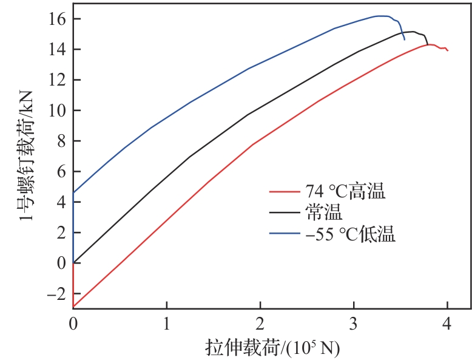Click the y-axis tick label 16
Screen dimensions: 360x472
tap(56, 19)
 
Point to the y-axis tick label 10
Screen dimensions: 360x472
tap(56, 110)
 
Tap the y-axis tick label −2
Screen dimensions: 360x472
tap(55, 293)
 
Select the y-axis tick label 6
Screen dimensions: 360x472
tap(61, 172)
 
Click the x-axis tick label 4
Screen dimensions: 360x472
tap(447, 323)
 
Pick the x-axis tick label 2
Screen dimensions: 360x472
tap(260, 323)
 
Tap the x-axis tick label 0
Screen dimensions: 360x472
tap(73, 323)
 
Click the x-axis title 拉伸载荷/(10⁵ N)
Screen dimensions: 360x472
tap(272, 347)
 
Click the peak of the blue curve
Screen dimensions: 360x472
tap(381, 16)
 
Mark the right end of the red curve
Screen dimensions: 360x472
tap(448, 50)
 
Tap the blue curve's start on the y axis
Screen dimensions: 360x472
tap(73, 192)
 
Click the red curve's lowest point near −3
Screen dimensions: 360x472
tap(73, 307)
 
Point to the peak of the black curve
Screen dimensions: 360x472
tap(412, 32)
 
